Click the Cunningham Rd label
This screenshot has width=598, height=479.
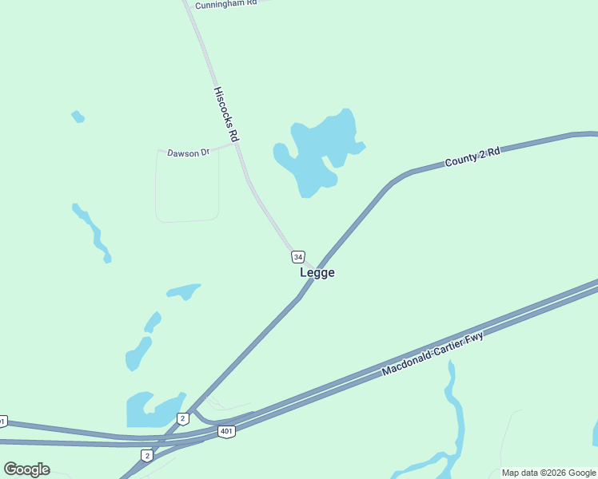pos(226,3)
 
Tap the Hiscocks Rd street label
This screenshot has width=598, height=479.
pos(226,115)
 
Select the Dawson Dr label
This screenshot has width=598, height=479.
pos(188,152)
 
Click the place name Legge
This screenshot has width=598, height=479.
pos(317,272)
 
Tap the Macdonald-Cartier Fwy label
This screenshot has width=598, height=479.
pos(433,351)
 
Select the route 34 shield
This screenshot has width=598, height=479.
pos(297,256)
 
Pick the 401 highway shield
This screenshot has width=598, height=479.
pos(226,431)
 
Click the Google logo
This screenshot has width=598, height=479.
pos(26,469)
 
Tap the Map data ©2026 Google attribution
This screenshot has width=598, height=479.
pos(548,473)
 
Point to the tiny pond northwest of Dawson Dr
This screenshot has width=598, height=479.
pos(78,117)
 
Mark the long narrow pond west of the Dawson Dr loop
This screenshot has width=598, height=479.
pos(94,232)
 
